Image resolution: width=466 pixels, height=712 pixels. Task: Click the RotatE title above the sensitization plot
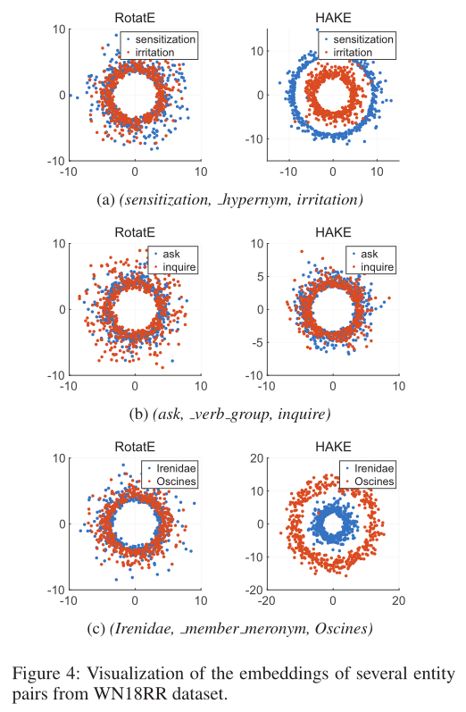click(135, 16)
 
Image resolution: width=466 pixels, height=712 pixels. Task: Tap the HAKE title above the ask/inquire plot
click(332, 230)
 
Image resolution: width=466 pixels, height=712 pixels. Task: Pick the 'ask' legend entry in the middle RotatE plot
click(171, 254)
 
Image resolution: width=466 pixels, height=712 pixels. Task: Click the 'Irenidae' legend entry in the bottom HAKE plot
click(371, 468)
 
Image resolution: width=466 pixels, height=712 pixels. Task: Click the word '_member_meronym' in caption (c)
click(262, 628)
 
